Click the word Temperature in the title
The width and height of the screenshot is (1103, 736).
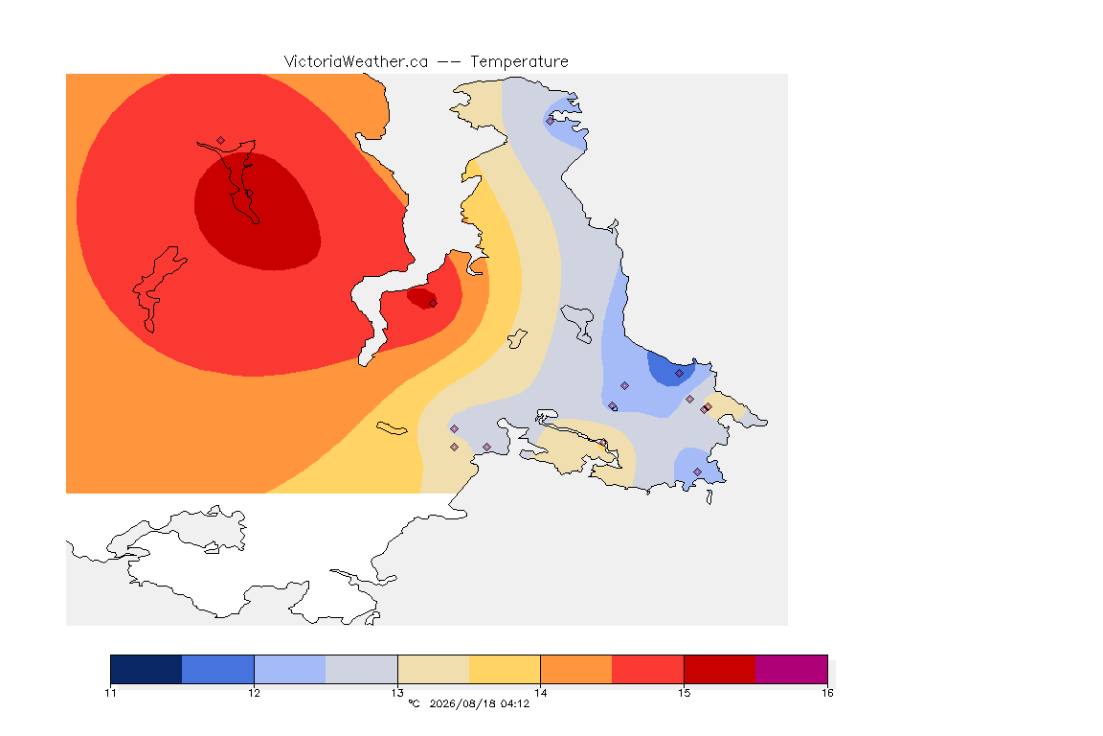519,62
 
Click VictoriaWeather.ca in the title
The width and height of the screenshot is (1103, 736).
356,62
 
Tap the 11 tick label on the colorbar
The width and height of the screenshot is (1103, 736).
110,693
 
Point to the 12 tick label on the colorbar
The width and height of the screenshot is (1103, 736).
254,693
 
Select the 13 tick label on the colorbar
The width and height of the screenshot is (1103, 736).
397,693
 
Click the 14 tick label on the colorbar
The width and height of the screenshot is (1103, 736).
540,693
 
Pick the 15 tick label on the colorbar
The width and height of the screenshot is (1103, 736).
684,693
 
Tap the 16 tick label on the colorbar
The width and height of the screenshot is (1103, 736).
827,693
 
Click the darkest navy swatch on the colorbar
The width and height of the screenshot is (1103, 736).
146,669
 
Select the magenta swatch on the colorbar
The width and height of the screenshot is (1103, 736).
792,669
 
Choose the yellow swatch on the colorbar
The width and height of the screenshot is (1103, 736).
505,669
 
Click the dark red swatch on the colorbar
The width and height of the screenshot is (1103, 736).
720,669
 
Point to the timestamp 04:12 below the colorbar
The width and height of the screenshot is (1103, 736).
515,703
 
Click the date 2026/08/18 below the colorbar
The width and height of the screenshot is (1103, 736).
462,703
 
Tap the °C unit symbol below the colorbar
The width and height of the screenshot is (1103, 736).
414,703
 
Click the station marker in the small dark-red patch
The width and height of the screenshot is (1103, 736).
434,304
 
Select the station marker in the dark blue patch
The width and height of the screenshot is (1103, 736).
679,374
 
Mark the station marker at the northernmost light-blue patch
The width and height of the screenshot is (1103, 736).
550,121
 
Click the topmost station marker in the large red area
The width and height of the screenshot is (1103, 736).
221,141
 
